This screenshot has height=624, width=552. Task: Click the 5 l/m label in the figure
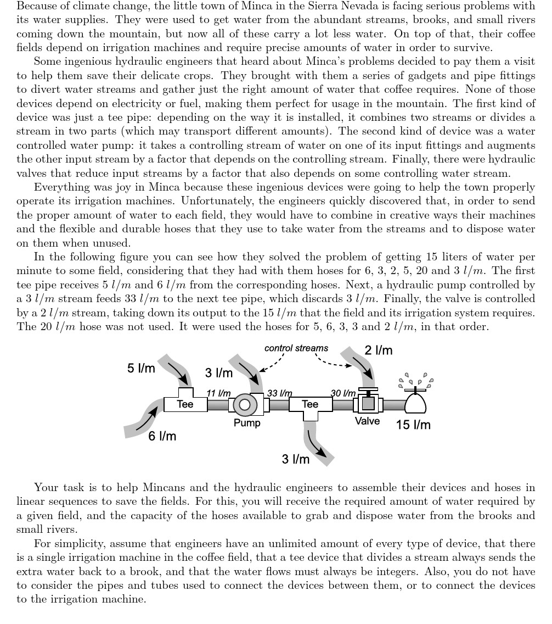141,368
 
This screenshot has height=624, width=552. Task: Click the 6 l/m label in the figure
162,436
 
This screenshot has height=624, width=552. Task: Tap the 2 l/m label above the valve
379,350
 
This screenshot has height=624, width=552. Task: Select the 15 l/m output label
413,425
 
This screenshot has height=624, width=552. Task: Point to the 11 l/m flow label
218,393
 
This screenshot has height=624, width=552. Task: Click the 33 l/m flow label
279,393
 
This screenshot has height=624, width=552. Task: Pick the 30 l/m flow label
343,393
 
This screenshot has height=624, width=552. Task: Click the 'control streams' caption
296,348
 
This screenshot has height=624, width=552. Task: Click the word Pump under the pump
247,423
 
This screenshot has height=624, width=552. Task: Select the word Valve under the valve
367,421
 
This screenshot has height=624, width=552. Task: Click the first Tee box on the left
185,404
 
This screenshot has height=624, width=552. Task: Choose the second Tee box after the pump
310,404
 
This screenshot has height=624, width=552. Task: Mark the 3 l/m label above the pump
219,373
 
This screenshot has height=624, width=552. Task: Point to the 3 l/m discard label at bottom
296,459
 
